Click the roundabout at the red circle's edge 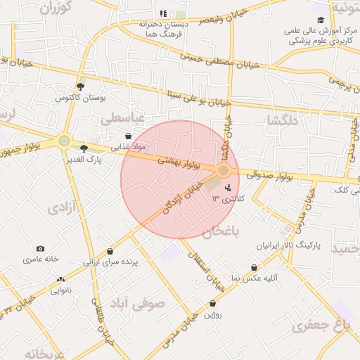[224, 171]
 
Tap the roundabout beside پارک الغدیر [65, 141]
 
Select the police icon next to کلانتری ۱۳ [227, 188]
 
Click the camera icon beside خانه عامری [40, 249]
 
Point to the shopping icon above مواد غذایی [127, 136]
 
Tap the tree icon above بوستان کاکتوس [81, 86]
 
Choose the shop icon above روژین [212, 304]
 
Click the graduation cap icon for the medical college [321, 20]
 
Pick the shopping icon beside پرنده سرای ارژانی [110, 252]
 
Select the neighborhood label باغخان [222, 231]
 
